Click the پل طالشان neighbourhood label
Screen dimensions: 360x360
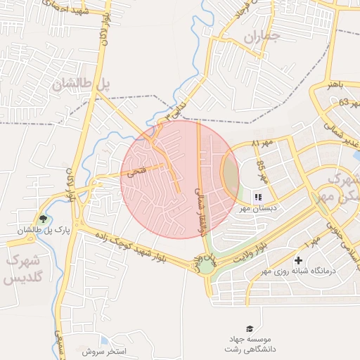pos(82,84)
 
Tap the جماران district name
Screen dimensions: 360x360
pos(262,36)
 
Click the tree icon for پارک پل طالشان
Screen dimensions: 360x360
pos(44,219)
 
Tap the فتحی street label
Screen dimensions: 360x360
pos(136,171)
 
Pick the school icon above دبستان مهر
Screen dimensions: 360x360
pos(258,197)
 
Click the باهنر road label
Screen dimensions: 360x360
pos(335,84)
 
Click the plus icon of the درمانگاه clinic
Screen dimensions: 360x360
pos(299,261)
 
